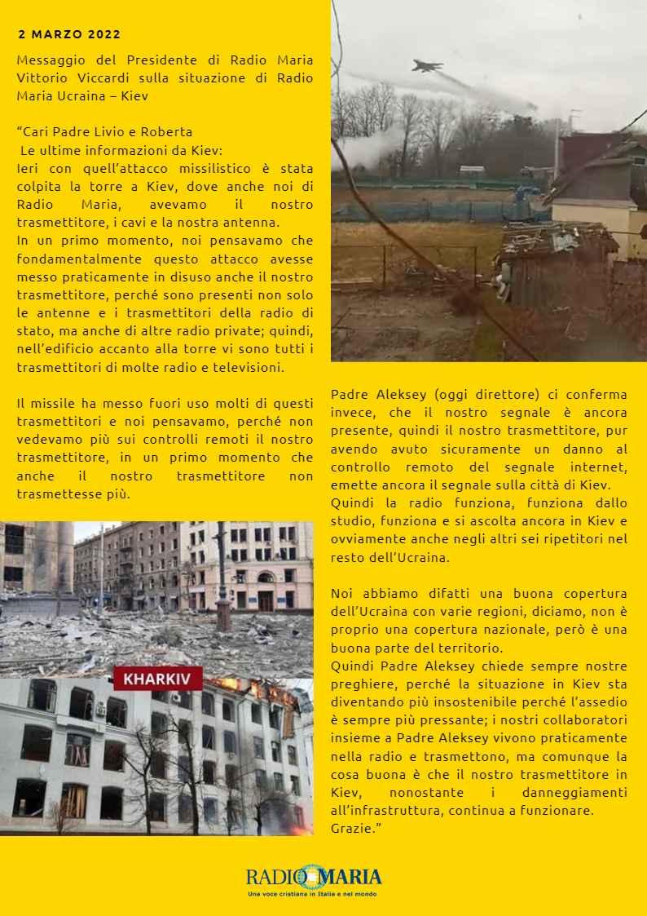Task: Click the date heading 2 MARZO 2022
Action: pos(69,34)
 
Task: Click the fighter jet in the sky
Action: pos(427,65)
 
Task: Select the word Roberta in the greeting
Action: pos(169,132)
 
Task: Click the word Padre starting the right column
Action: pos(350,396)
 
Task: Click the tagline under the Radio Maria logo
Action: pos(313,895)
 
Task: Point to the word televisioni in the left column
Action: pos(244,367)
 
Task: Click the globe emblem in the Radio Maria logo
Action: pos(309,877)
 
